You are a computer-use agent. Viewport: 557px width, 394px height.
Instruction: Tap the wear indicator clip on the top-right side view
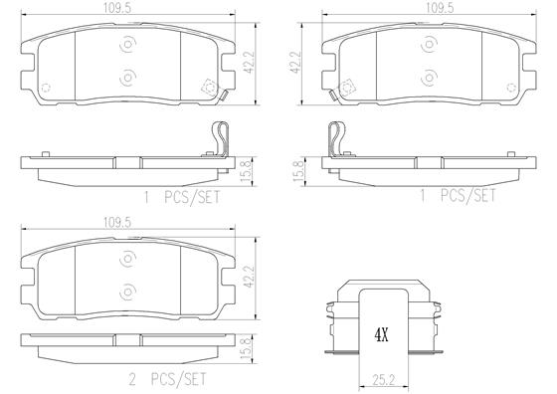(x=337, y=137)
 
